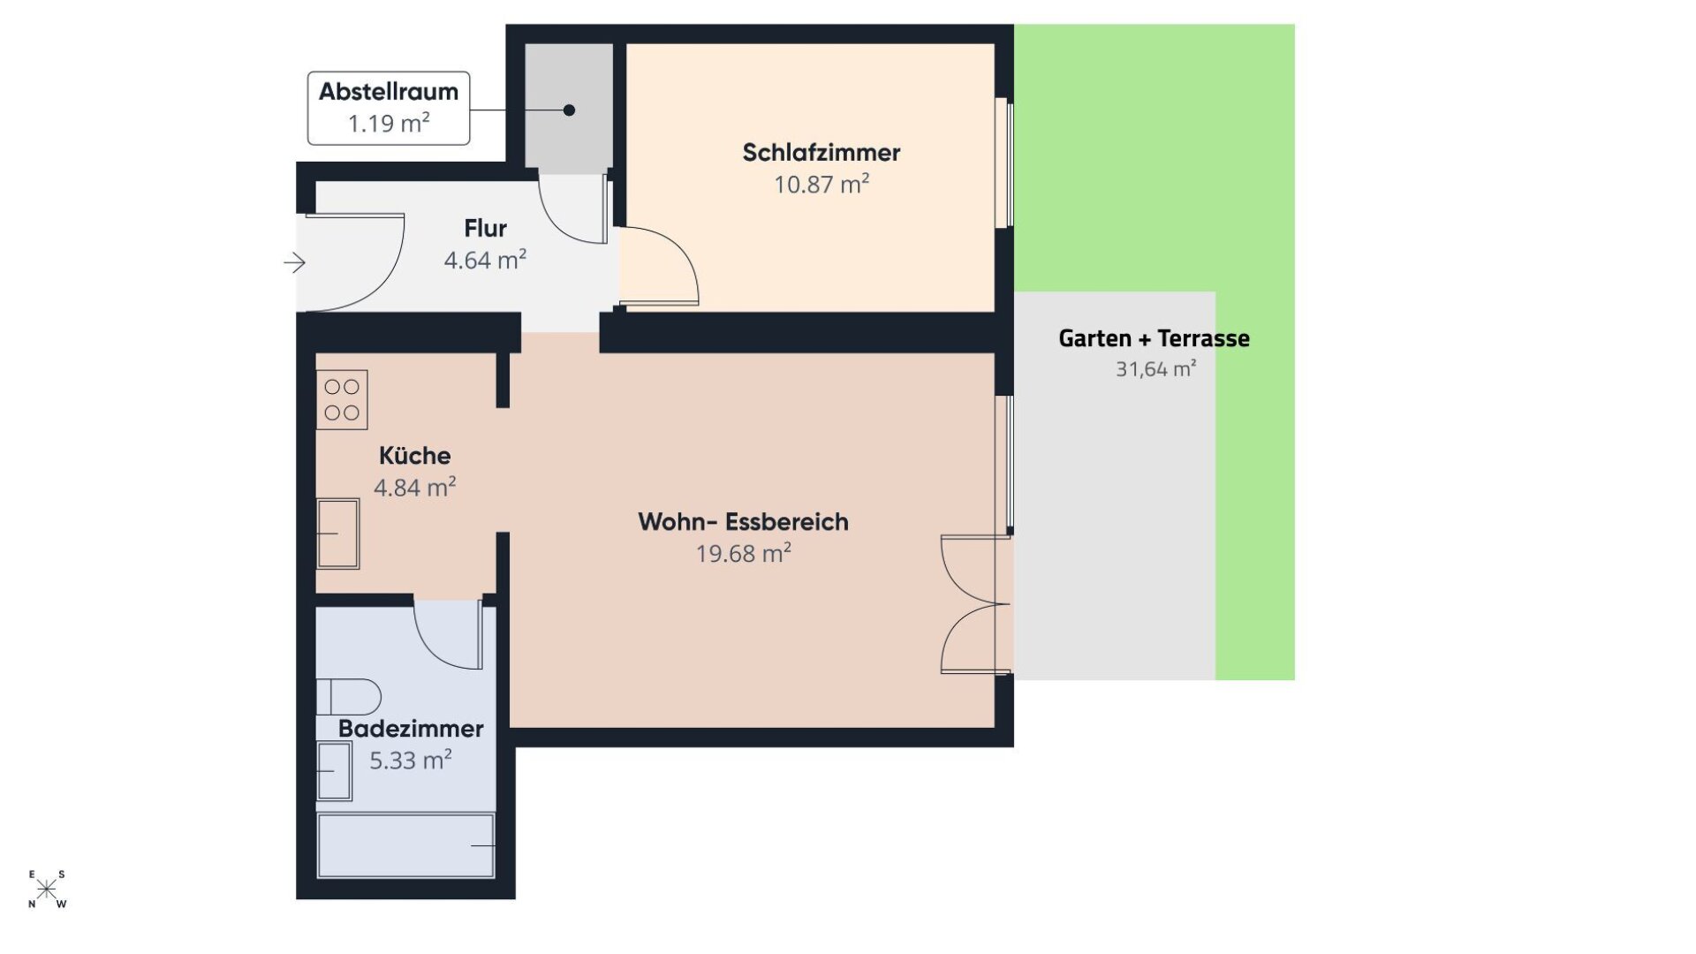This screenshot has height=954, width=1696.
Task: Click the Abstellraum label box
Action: tap(389, 108)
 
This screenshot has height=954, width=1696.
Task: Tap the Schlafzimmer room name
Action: tap(821, 153)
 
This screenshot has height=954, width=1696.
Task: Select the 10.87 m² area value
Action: tap(821, 185)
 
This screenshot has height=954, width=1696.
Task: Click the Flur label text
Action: tap(485, 229)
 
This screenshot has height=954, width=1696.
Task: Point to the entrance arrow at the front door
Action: tap(294, 262)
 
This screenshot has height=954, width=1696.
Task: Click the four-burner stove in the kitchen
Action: tap(342, 399)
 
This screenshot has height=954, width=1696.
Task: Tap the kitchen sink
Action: tap(338, 533)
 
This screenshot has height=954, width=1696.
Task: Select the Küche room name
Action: tap(414, 456)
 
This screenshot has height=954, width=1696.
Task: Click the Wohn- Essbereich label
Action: tap(743, 522)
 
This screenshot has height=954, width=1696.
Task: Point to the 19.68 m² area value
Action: tap(743, 554)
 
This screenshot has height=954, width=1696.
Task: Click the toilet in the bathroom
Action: tap(348, 696)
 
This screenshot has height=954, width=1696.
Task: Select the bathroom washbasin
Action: tap(334, 771)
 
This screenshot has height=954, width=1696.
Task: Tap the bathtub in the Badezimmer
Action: tap(405, 845)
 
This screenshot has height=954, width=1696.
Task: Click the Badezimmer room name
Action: tap(411, 729)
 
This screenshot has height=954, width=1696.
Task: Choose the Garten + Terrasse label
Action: tap(1154, 338)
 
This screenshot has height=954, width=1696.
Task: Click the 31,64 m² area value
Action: tap(1155, 369)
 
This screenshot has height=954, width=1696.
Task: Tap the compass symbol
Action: tap(47, 889)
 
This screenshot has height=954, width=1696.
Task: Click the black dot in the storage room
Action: tap(569, 110)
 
